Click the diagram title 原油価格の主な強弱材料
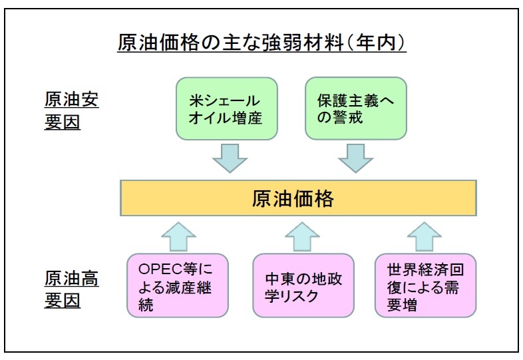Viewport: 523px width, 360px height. click(231, 43)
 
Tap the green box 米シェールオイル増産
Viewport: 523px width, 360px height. click(227, 108)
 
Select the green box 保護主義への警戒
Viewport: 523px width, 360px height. click(356, 108)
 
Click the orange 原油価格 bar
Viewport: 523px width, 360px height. click(298, 198)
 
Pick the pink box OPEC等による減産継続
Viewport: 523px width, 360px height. click(178, 285)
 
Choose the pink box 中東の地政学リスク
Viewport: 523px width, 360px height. click(303, 285)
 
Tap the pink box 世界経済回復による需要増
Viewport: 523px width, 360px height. click(426, 285)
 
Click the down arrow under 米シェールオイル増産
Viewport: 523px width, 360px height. click(230, 158)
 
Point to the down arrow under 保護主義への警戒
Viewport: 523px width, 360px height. click(355, 158)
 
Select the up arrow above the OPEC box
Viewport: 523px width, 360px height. click(178, 236)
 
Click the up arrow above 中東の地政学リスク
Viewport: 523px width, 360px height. click(302, 236)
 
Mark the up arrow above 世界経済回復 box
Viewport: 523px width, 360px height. click(425, 236)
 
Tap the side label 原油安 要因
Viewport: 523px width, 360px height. click(71, 110)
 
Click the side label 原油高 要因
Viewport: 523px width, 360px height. click(71, 289)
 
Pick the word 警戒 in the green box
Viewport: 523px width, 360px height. click(347, 118)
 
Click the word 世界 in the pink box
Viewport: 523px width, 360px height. click(402, 270)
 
